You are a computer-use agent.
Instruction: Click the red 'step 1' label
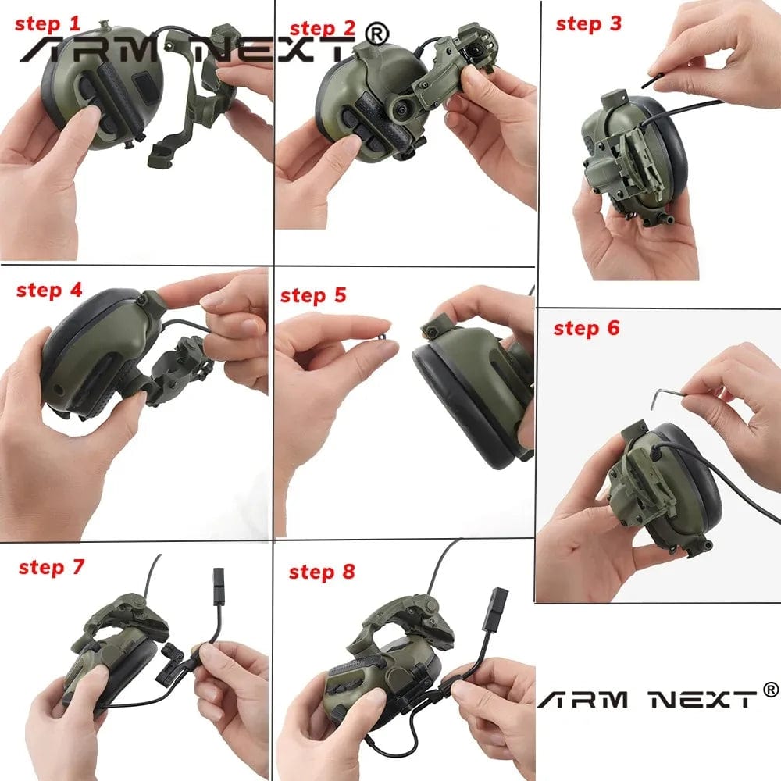48,24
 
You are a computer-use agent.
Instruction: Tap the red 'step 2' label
322,29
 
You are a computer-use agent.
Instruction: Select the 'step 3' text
588,23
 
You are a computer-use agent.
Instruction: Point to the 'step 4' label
49,290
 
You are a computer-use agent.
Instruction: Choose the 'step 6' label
586,328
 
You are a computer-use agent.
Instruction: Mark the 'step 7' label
51,567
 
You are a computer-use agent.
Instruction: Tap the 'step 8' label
321,572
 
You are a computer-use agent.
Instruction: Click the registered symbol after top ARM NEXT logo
377,34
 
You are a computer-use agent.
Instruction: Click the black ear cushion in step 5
453,398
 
